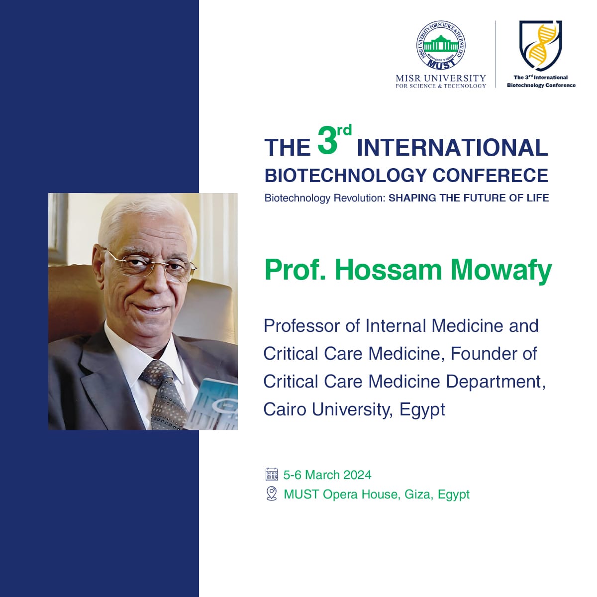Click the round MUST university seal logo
pyautogui.click(x=441, y=45)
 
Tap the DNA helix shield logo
pyautogui.click(x=541, y=45)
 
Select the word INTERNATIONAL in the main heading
pyautogui.click(x=453, y=148)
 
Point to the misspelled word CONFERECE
pyautogui.click(x=491, y=176)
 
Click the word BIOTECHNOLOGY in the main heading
pyautogui.click(x=346, y=176)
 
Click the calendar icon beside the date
pyautogui.click(x=272, y=474)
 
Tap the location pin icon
pyautogui.click(x=272, y=494)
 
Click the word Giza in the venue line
pyautogui.click(x=419, y=494)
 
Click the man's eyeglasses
pyautogui.click(x=150, y=265)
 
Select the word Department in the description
pyautogui.click(x=496, y=382)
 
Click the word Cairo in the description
pyautogui.click(x=285, y=409)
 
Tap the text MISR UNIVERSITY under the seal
pyautogui.click(x=441, y=78)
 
